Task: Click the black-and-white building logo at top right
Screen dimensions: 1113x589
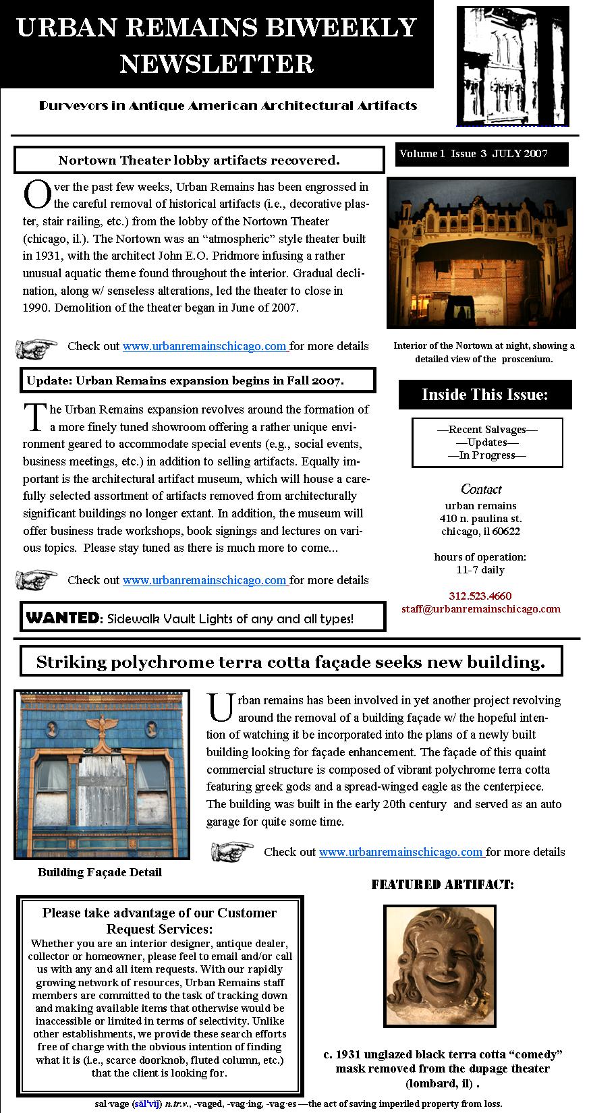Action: (513, 65)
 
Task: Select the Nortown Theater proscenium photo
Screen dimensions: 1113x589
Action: (481, 253)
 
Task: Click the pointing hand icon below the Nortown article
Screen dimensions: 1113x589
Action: (37, 348)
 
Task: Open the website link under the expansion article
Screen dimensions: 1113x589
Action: (205, 580)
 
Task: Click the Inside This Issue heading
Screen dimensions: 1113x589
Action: (484, 395)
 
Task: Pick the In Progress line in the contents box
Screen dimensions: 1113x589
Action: (487, 455)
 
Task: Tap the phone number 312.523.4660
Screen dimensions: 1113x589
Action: (480, 596)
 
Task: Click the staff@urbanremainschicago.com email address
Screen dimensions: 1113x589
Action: (480, 608)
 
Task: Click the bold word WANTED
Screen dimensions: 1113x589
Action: (61, 617)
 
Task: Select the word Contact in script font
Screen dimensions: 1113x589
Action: (481, 489)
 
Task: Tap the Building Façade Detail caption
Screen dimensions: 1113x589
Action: (100, 872)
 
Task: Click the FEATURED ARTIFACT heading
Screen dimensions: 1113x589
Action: (442, 884)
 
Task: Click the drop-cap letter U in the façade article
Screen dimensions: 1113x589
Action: (221, 707)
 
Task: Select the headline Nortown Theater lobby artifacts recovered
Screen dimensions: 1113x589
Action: (198, 161)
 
